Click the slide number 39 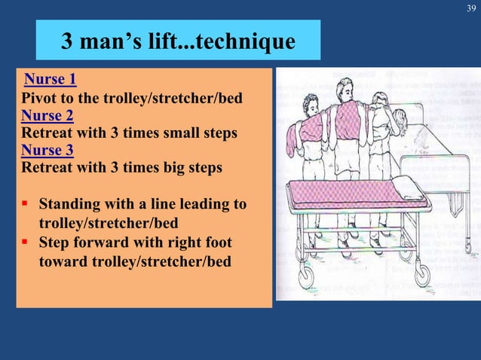tap(471, 8)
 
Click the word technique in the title tap(243, 41)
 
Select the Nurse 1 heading tap(50, 79)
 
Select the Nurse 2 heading tap(47, 116)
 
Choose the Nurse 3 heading tap(47, 150)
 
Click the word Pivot tap(38, 99)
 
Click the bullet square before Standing tap(26, 204)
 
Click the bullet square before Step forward tap(26, 243)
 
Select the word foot tap(216, 243)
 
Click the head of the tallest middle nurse tap(346, 87)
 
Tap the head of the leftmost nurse tap(311, 104)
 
